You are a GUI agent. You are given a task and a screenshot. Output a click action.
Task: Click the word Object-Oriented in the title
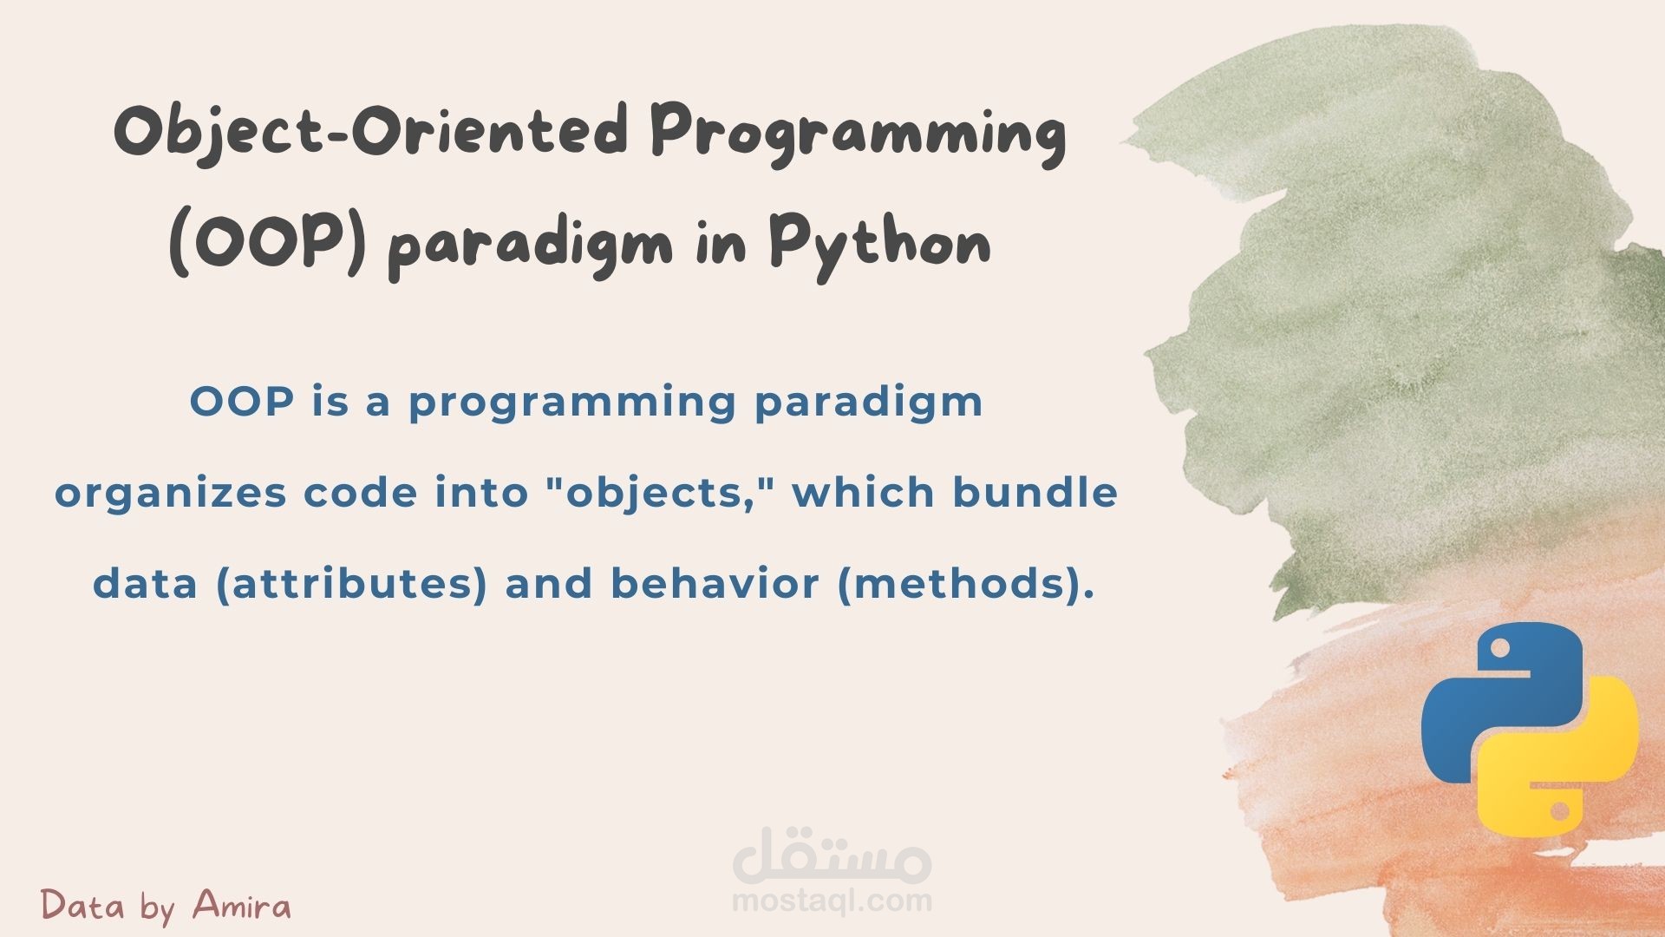click(x=370, y=133)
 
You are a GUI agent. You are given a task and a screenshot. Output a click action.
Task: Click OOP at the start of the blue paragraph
click(x=241, y=402)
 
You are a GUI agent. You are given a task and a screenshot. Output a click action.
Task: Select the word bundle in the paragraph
click(x=1035, y=492)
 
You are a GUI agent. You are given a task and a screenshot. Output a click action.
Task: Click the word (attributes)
click(x=351, y=584)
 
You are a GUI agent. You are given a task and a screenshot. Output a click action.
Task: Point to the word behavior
click(x=715, y=583)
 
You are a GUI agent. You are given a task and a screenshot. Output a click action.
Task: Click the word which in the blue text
click(x=863, y=492)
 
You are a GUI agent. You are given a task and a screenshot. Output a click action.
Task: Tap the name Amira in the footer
click(x=242, y=905)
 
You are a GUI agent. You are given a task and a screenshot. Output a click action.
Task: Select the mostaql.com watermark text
click(x=832, y=901)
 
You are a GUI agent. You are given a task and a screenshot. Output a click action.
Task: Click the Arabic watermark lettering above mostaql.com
click(x=832, y=851)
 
